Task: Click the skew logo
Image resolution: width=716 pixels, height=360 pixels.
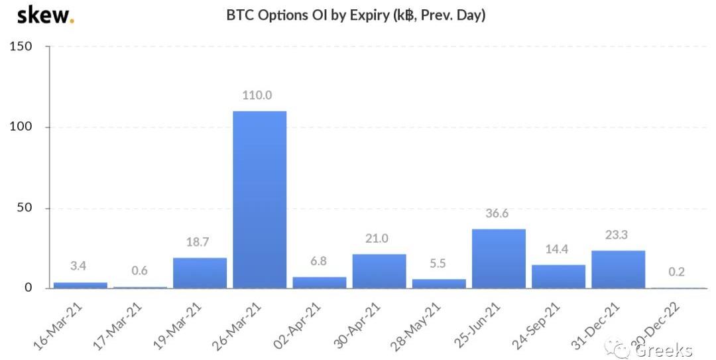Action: click(x=45, y=15)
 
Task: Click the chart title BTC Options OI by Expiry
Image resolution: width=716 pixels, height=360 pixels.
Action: click(x=356, y=15)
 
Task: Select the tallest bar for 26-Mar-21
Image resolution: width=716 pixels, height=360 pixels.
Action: click(x=259, y=199)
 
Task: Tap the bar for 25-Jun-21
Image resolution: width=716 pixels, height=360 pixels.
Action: click(x=499, y=259)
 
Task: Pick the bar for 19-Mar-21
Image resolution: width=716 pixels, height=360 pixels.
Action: click(x=200, y=272)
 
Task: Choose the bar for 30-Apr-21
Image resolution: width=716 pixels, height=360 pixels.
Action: click(x=379, y=270)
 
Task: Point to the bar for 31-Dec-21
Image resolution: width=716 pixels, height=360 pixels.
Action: click(x=618, y=269)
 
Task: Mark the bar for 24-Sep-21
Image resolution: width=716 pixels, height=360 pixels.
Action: click(x=558, y=276)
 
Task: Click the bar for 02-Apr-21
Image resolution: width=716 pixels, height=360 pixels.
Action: click(x=320, y=282)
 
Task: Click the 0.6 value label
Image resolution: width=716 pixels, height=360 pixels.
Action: click(x=140, y=270)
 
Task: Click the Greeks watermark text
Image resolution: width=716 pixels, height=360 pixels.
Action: click(x=663, y=349)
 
